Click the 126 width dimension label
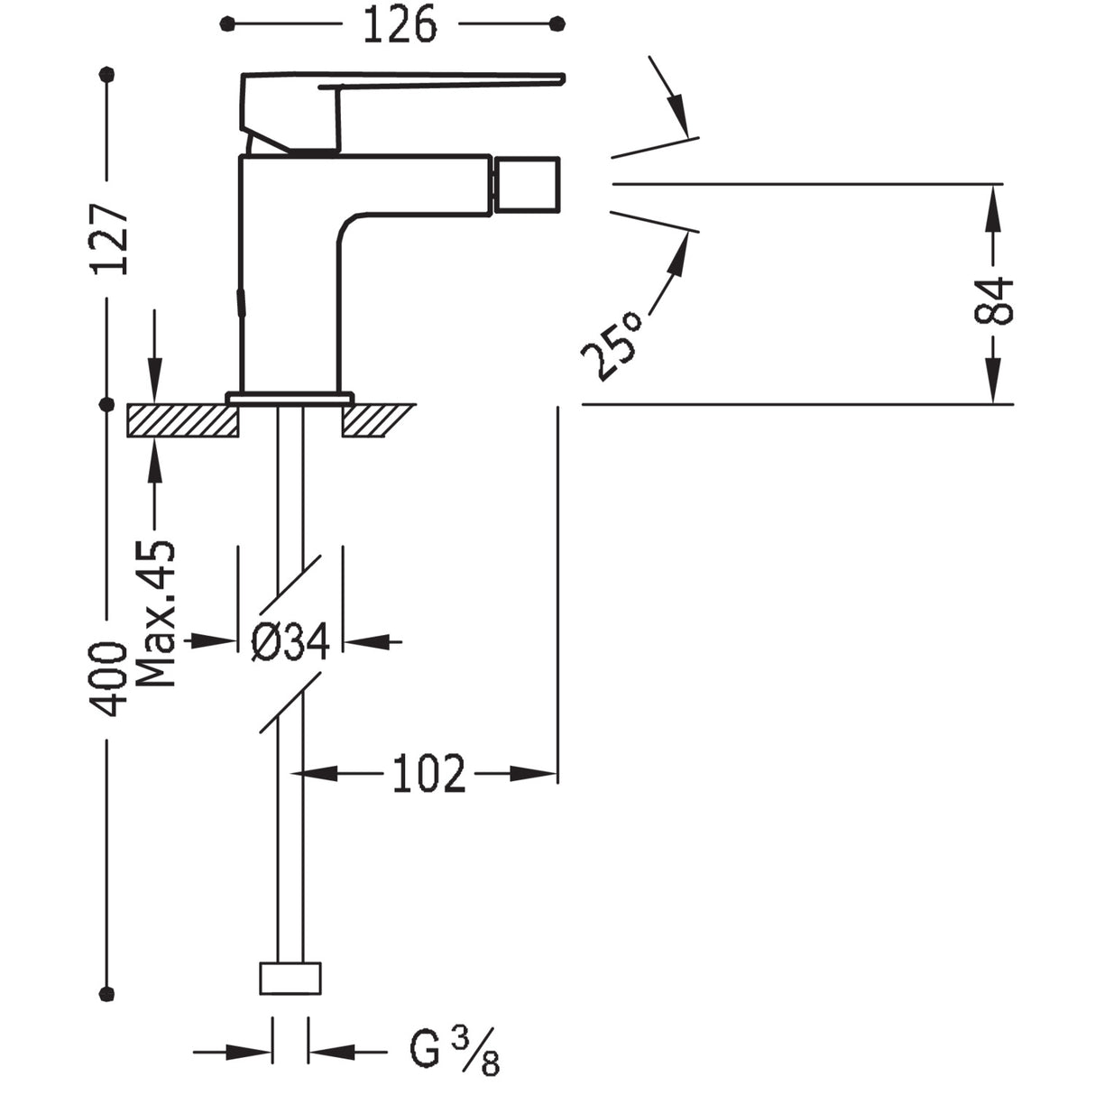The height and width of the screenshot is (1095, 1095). (400, 24)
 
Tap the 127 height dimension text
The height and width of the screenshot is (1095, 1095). (112, 239)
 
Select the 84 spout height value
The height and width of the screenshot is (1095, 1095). (994, 300)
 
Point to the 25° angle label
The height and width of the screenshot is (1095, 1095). (612, 346)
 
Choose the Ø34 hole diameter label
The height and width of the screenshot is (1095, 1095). (290, 641)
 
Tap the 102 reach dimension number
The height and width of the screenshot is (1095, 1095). (429, 773)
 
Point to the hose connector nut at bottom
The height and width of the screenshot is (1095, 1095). (290, 979)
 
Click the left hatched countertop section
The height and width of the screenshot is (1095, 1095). (183, 420)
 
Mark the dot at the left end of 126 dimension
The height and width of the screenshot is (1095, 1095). (226, 23)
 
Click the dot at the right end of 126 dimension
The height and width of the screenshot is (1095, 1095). (557, 23)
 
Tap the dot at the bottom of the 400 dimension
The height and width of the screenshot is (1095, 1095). (107, 993)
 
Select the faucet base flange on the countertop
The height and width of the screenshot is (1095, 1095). (290, 397)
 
